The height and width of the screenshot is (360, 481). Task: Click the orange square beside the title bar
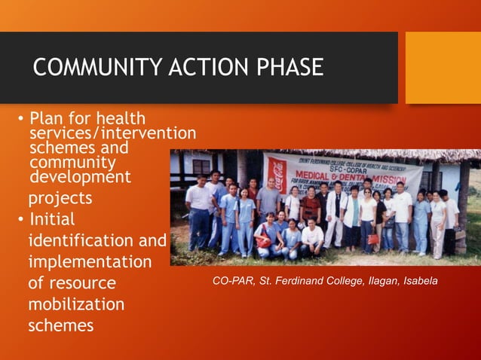pyautogui.click(x=443, y=68)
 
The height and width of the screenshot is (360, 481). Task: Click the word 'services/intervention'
pyautogui.click(x=112, y=133)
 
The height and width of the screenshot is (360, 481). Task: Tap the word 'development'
pyautogui.click(x=80, y=177)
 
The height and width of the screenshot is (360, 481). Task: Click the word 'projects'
pyautogui.click(x=60, y=198)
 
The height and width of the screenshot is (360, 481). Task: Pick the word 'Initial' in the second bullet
pyautogui.click(x=51, y=220)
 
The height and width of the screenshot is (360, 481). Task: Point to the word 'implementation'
pyautogui.click(x=90, y=262)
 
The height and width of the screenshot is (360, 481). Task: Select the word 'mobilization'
pyautogui.click(x=76, y=305)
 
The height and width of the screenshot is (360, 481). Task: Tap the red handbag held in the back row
pyautogui.click(x=372, y=239)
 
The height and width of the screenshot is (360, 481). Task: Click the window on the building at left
pyautogui.click(x=201, y=166)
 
